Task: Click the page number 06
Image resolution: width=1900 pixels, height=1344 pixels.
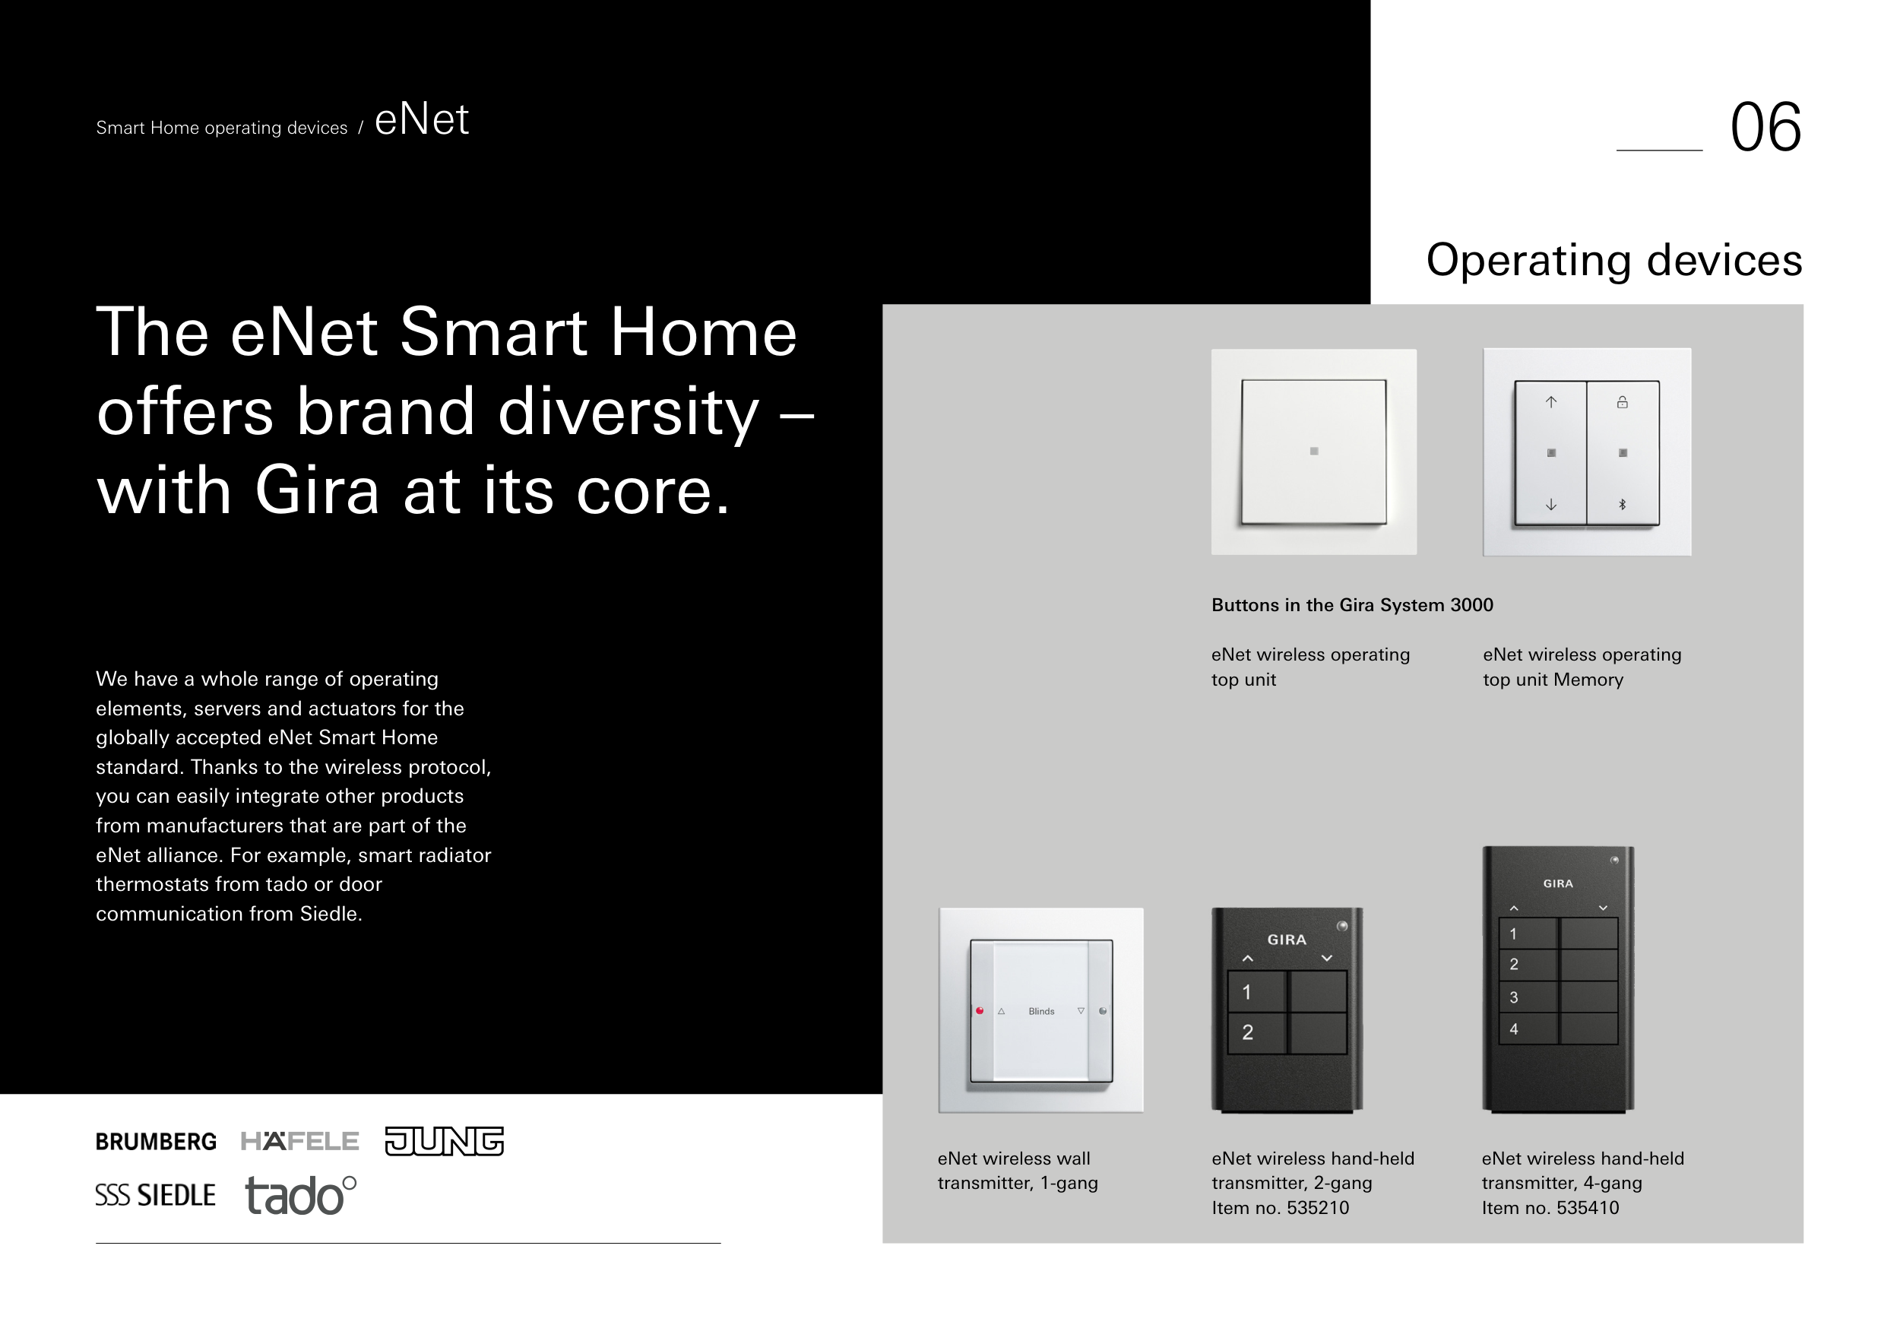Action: tap(1765, 128)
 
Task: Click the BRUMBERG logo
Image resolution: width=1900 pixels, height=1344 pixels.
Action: tap(156, 1142)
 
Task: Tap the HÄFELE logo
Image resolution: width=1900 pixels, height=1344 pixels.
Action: tap(299, 1141)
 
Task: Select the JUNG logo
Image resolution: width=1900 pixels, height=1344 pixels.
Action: tap(445, 1141)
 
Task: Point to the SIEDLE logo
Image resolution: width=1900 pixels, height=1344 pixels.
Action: tap(156, 1195)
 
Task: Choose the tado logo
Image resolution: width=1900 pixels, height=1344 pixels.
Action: tap(301, 1196)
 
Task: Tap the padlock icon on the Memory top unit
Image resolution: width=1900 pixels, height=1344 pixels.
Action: tap(1623, 402)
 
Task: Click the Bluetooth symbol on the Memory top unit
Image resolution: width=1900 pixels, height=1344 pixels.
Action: tap(1623, 504)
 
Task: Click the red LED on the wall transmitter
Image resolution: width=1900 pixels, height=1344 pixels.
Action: tap(980, 1010)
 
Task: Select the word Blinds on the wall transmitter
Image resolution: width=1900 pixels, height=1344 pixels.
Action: tap(1041, 1011)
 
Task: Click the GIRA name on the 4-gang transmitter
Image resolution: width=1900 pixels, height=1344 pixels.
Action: tap(1558, 884)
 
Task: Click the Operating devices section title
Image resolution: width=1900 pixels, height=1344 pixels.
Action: tap(1614, 261)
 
